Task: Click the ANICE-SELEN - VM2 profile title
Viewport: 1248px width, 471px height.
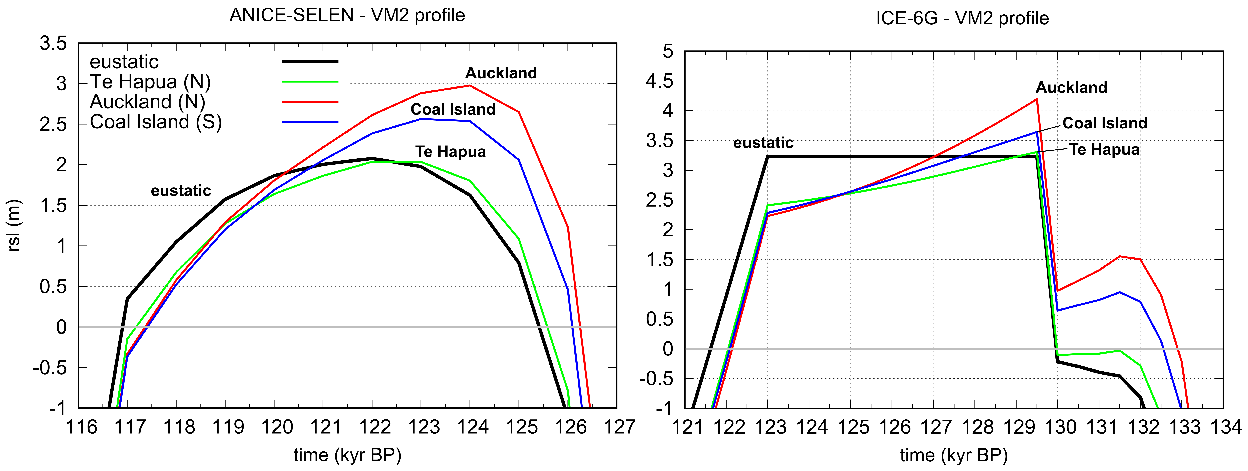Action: click(347, 16)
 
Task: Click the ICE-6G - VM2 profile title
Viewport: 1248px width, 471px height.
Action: click(962, 18)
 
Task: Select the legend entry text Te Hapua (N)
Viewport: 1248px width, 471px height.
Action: click(150, 82)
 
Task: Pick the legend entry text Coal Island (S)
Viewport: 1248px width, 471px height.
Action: click(155, 122)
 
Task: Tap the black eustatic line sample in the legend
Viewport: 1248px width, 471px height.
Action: click(310, 62)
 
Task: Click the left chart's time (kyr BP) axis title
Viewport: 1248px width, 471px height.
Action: click(347, 455)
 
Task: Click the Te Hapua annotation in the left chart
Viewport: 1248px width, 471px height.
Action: click(450, 152)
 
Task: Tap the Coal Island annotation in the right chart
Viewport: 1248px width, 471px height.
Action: click(1105, 123)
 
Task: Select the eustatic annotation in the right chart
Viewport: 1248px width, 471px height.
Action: click(763, 143)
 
